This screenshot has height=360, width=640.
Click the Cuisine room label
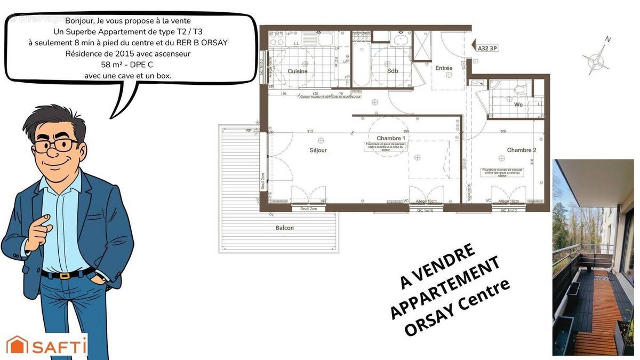(298, 71)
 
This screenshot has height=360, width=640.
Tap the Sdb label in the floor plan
(393, 71)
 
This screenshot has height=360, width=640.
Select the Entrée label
(444, 68)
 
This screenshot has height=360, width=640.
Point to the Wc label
(518, 105)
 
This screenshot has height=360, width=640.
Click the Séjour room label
(318, 150)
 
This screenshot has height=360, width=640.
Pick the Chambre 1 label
(391, 138)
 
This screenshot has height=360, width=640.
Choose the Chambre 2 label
(522, 150)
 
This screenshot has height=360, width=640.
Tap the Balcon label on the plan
(285, 228)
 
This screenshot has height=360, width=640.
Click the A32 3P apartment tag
(487, 48)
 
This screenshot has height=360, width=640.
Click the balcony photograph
(593, 257)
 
